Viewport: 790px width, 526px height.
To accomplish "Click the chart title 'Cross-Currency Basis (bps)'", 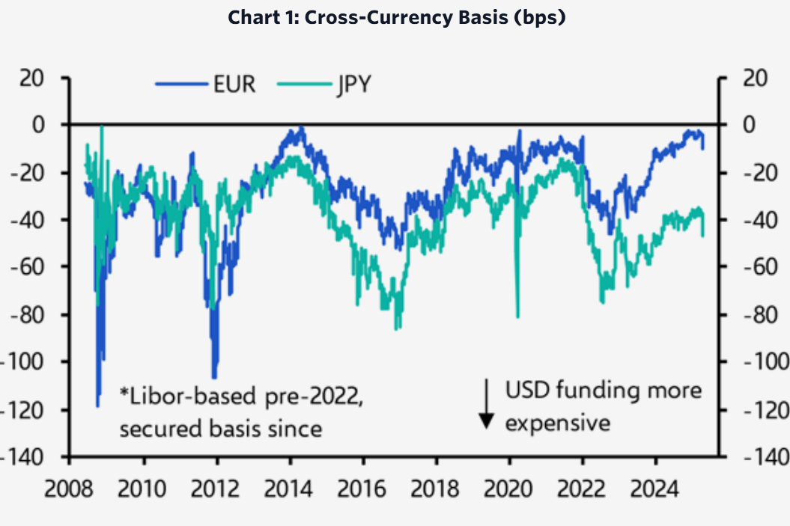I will (396, 17).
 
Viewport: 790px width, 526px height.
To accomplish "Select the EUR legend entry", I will (232, 84).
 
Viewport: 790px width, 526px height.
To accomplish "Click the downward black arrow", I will (486, 404).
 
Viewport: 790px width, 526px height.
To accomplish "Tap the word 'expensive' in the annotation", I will (557, 423).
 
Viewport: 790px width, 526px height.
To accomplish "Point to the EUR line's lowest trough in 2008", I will (97, 406).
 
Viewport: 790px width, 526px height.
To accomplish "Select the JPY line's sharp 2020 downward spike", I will (517, 316).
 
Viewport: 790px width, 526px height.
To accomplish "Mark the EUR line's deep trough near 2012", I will (214, 377).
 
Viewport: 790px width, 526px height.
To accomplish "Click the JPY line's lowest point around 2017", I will (396, 328).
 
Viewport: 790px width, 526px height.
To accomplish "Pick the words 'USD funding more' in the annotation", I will (604, 391).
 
